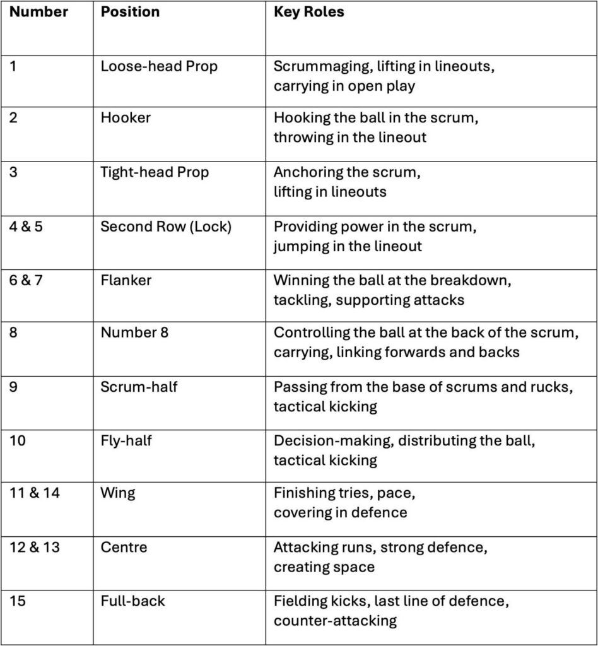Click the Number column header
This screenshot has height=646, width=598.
pos(38,12)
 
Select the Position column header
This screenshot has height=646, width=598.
pos(130,12)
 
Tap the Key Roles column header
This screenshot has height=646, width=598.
pos(308,12)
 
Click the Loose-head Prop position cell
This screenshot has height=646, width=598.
pos(159,66)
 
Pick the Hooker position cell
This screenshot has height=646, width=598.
pos(126,118)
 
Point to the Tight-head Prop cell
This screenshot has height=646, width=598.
pos(155,172)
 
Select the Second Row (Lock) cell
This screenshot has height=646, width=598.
pos(166,226)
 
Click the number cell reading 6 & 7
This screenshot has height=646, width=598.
pos(26,280)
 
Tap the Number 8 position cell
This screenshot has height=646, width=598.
pos(134,332)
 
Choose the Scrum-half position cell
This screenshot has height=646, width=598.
pos(139,386)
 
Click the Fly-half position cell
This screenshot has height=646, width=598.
pos(126,440)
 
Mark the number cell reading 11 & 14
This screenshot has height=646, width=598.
pos(35,493)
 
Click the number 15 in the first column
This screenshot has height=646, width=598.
pos(18,601)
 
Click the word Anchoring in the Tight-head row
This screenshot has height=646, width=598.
pos(306,172)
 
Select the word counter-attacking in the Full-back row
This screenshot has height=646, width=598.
pos(335,620)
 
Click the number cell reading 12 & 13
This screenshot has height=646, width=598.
pos(35,547)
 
